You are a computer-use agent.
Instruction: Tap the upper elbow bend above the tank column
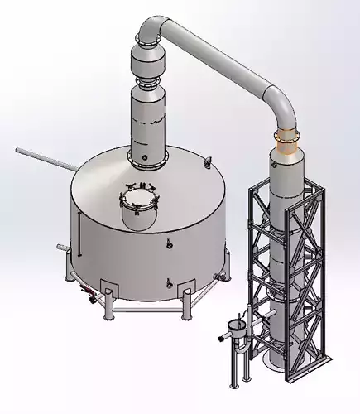(152, 33)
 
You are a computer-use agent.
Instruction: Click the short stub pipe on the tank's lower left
(60, 248)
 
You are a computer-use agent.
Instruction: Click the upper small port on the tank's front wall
(168, 243)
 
